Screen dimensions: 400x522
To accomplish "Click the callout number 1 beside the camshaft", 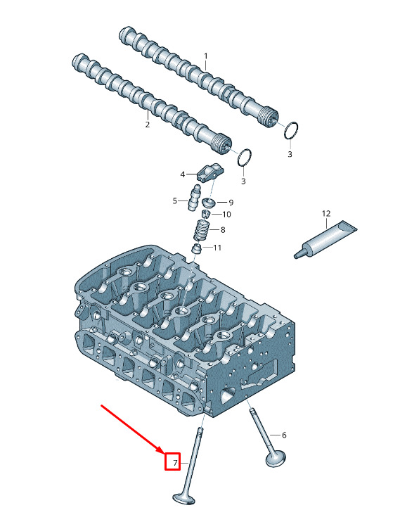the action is tap(206, 56).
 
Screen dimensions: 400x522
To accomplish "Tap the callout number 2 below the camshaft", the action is tap(148, 125).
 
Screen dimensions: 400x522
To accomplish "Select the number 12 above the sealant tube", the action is tap(326, 213).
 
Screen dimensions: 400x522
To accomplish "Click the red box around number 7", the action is tap(173, 461).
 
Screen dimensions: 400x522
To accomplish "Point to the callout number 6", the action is tap(284, 435).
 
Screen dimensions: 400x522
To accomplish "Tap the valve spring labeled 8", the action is tap(201, 230).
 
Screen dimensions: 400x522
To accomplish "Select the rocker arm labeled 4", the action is tap(209, 173).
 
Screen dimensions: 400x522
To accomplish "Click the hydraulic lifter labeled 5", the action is tap(194, 198).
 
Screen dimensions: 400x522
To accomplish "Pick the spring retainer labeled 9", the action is tap(209, 202).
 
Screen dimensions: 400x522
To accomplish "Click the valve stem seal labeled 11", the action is tap(197, 248).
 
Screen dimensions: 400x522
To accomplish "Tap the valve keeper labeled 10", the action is tap(206, 213).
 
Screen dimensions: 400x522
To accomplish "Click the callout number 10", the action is tap(226, 214).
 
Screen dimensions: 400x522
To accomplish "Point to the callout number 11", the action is tap(217, 248).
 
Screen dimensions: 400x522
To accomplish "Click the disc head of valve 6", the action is tap(276, 459).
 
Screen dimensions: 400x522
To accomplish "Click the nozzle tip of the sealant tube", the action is tap(296, 256).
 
